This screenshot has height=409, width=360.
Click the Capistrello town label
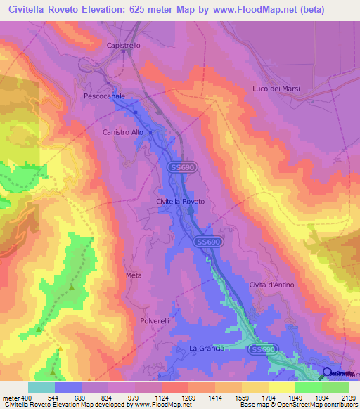click(x=124, y=45)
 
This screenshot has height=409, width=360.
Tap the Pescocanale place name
click(x=104, y=96)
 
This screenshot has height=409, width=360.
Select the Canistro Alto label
click(x=122, y=132)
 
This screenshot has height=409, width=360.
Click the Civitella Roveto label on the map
click(x=180, y=202)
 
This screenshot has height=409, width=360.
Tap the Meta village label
click(x=134, y=275)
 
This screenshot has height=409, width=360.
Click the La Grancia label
click(x=207, y=349)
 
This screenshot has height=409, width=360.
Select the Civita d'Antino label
click(x=271, y=285)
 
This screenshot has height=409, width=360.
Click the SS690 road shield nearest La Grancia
click(x=264, y=349)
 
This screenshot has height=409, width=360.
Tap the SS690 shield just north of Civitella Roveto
click(x=184, y=168)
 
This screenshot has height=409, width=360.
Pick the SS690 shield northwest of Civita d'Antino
click(x=207, y=241)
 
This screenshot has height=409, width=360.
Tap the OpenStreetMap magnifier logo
click(x=328, y=372)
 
